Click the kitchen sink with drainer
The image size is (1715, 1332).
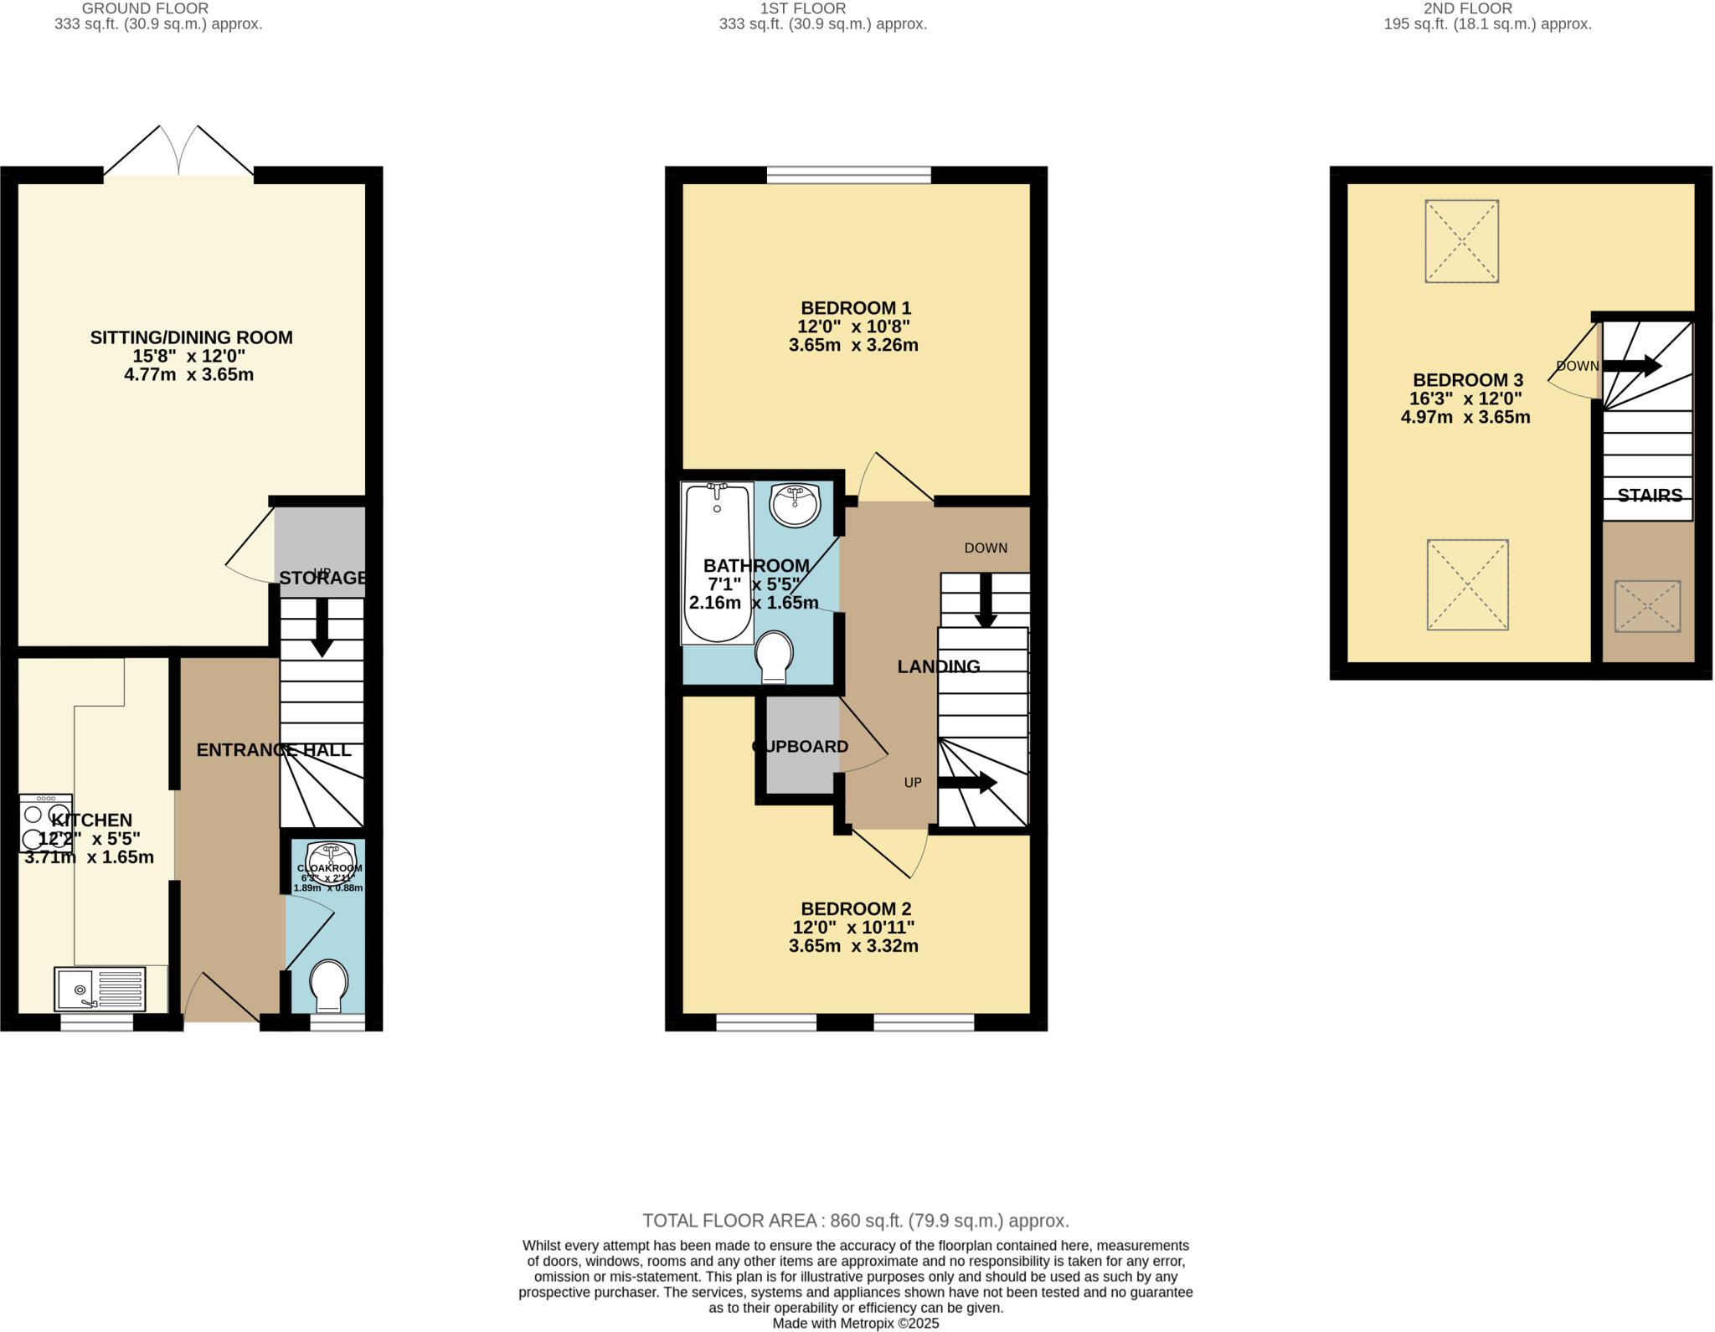click(100, 989)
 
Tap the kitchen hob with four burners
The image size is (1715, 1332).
click(45, 824)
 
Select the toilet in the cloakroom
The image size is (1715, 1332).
click(328, 985)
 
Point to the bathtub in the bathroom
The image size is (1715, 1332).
click(718, 563)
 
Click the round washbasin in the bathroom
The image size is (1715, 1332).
click(795, 505)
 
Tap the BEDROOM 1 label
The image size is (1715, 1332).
click(855, 308)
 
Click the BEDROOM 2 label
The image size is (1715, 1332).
click(855, 908)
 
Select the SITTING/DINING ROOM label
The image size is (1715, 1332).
click(191, 337)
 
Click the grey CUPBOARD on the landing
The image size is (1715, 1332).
click(801, 746)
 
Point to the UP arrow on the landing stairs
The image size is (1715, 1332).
click(966, 783)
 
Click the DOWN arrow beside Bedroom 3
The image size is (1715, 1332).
click(1631, 366)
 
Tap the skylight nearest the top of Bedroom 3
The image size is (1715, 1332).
click(1461, 241)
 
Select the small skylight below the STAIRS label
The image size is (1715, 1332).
click(1646, 606)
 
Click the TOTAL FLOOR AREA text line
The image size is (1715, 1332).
click(855, 1221)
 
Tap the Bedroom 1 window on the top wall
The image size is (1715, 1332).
click(848, 174)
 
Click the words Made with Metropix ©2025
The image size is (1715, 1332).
click(855, 1324)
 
